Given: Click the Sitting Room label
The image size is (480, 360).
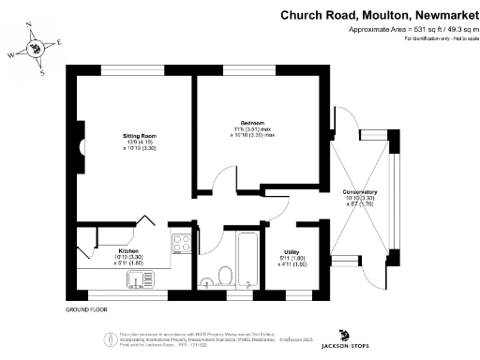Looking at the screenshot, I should click(139, 136).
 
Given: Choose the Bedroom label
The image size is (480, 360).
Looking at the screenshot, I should click(252, 124).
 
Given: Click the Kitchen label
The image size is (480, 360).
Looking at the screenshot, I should click(128, 251).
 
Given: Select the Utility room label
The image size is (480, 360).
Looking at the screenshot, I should click(295, 251).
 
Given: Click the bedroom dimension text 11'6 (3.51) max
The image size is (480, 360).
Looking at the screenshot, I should click(252, 130).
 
